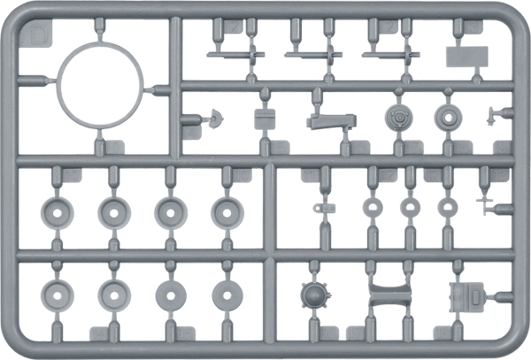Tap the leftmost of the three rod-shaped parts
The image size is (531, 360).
point(235,55)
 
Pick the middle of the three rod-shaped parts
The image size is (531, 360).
point(313,55)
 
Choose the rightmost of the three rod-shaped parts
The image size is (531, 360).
point(390,55)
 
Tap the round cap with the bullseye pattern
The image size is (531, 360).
point(400,118)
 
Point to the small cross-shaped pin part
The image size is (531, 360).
point(487,204)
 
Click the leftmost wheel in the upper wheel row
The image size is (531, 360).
point(57,211)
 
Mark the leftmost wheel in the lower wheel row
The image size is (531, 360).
point(57,295)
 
